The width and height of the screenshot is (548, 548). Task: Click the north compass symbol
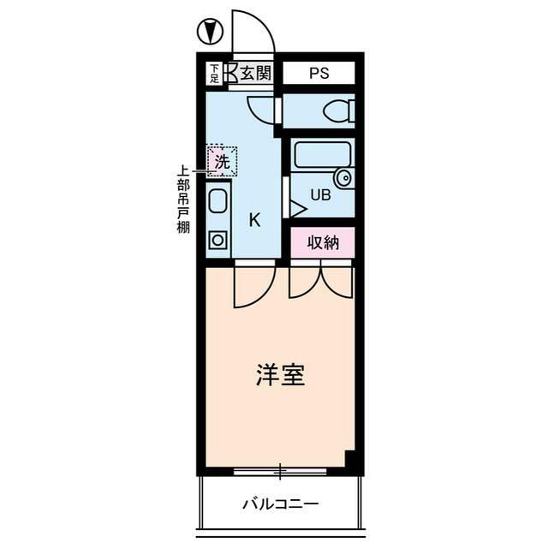pos(209,33)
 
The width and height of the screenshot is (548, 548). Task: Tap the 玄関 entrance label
pos(255,73)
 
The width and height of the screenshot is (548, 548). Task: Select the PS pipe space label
pos(318,74)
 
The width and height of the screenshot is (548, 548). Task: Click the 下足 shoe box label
pos(214,73)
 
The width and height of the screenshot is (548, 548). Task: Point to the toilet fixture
pos(339,111)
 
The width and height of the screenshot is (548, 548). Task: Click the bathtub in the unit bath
pos(323,155)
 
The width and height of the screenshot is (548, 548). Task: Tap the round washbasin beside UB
pos(343,179)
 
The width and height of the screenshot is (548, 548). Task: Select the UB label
pos(319,195)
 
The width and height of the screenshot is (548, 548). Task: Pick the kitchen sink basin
pos(217,203)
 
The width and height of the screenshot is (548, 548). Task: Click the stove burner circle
pos(217,240)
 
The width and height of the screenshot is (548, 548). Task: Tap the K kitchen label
pos(254,219)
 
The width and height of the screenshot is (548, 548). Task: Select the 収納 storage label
pos(323,242)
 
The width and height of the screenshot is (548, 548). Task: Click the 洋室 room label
pos(280,375)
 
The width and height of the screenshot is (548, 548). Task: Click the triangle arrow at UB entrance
pos(297,208)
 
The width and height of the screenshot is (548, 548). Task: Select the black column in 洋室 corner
pos(350,459)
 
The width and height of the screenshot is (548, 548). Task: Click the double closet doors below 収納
pos(321,281)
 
